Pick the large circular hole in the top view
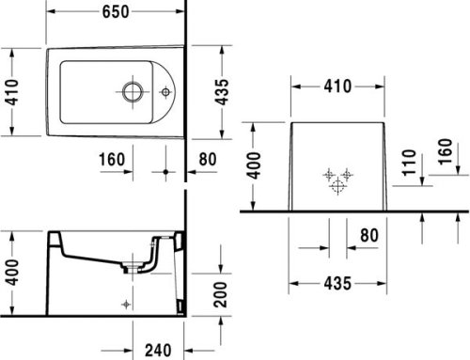[131, 92]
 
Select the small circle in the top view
[165, 92]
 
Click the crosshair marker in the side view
[126, 304]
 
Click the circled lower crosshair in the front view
[337, 185]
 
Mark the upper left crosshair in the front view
[327, 175]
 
